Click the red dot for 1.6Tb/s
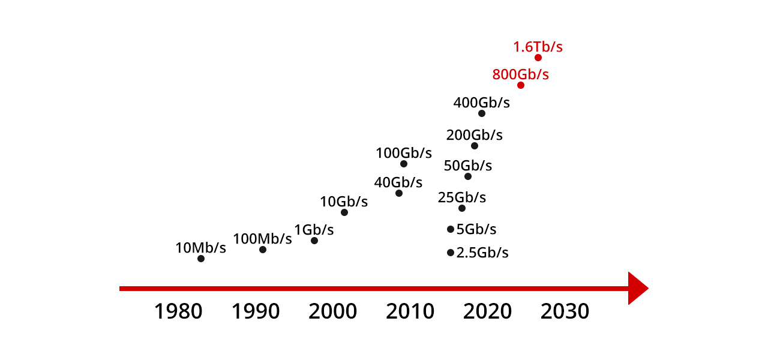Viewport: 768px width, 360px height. [538, 58]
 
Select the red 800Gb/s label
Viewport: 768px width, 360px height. [520, 75]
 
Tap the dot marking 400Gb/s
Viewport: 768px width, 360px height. [482, 113]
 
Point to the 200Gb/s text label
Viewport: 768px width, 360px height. [474, 135]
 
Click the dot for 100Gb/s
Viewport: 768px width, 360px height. [404, 164]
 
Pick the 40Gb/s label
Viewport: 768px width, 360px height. [398, 182]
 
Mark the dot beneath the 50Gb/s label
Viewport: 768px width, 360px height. [468, 176]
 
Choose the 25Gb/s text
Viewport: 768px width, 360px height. [461, 197]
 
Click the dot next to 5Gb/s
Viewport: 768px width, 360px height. [451, 229]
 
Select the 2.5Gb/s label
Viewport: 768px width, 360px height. [482, 253]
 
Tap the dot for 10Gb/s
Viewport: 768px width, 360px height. [344, 212]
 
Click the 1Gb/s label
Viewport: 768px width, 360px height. [314, 230]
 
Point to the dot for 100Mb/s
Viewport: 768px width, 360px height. [263, 250]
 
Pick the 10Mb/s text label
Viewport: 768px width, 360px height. [200, 248]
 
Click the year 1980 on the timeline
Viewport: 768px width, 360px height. [178, 311]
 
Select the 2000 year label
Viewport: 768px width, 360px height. [333, 311]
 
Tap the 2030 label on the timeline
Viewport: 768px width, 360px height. [565, 311]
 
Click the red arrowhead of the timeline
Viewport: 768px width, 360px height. [637, 289]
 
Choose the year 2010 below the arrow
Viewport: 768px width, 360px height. [410, 311]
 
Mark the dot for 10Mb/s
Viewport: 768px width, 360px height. [201, 259]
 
